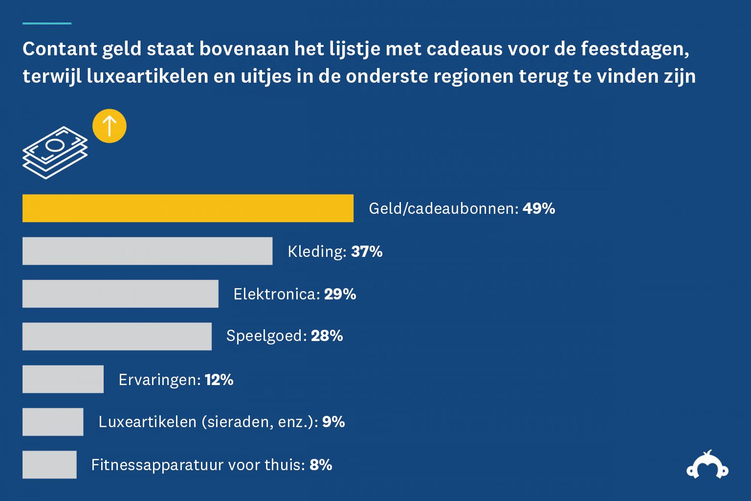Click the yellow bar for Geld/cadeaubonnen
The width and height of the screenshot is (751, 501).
(188, 208)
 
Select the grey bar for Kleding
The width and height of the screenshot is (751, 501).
(147, 251)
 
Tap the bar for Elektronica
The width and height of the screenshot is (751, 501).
(120, 294)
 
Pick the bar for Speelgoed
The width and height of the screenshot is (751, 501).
(117, 336)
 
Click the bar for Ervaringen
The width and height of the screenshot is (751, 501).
(63, 379)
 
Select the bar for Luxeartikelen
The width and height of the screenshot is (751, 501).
(53, 422)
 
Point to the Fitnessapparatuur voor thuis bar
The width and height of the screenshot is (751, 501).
(49, 464)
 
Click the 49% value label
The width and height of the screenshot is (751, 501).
(538, 209)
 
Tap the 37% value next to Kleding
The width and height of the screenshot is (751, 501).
(367, 251)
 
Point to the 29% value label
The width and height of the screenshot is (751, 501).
(340, 294)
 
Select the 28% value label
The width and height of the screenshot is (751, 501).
(327, 336)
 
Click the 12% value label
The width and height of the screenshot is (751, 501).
(219, 380)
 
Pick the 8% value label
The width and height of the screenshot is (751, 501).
(321, 465)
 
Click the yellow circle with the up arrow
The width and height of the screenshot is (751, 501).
(110, 126)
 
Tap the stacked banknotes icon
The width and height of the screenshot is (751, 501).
(55, 152)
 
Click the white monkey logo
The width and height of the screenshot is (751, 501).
(707, 465)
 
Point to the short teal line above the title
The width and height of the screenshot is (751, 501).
(47, 23)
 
